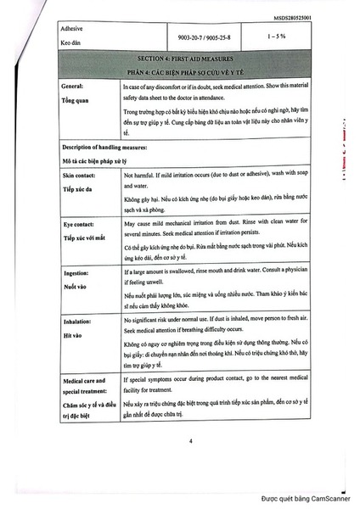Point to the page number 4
(x=190, y=440)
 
